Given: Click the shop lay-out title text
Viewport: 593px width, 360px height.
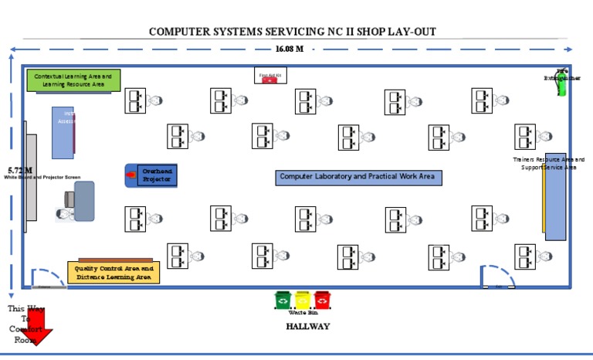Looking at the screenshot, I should click(x=293, y=32).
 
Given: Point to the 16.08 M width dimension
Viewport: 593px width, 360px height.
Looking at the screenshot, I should click(x=290, y=49).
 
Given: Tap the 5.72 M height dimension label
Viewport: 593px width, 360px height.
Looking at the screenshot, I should click(x=20, y=170).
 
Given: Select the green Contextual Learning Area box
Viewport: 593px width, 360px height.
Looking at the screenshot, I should click(x=73, y=80).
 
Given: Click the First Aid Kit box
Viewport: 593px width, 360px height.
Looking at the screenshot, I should click(x=270, y=76).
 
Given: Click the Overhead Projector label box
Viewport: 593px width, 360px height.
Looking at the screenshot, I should click(x=157, y=175).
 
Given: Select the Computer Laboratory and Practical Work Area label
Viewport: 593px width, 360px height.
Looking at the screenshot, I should click(x=359, y=177).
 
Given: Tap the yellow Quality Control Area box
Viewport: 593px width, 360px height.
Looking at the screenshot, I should click(x=114, y=272).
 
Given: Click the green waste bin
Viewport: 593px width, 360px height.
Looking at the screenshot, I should click(x=283, y=299).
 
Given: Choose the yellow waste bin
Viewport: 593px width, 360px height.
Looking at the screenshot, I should click(x=303, y=299).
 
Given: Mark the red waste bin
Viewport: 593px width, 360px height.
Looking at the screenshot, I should click(x=322, y=299).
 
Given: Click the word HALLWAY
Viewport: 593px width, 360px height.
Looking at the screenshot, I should click(x=307, y=327).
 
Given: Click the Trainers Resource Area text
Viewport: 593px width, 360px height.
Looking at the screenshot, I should click(x=548, y=163).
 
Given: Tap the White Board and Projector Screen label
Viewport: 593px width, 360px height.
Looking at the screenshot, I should click(x=42, y=178).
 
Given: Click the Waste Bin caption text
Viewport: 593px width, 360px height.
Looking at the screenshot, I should click(x=303, y=313).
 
